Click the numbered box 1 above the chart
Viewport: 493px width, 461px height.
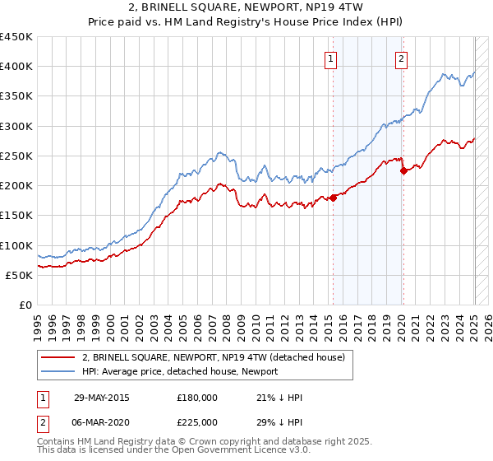point(329,58)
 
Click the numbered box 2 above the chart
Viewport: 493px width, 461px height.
point(401,58)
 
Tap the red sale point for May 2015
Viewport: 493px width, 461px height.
point(334,198)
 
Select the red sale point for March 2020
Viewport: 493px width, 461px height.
point(403,171)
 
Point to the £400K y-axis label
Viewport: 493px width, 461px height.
point(16,67)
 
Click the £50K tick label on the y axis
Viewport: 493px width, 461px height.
point(20,276)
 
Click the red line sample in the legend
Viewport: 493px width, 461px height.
point(57,357)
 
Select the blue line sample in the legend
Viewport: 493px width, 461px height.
point(57,371)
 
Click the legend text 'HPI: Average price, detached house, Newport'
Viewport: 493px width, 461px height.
point(180,371)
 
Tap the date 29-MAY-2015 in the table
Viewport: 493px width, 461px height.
point(102,397)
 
